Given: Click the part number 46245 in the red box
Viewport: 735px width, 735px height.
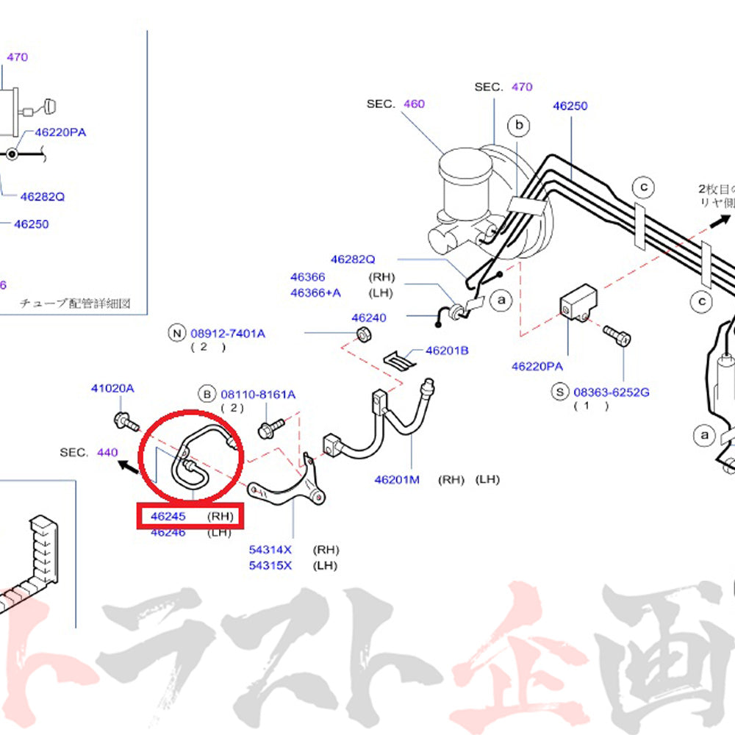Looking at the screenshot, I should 168,516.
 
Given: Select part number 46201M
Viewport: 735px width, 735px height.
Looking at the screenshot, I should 396,479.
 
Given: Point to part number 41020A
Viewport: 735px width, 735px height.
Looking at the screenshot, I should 112,387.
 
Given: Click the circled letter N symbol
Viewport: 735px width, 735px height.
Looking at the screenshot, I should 176,334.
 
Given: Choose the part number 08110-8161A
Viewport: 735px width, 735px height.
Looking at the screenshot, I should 258,395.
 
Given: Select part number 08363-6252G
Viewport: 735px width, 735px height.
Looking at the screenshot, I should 612,392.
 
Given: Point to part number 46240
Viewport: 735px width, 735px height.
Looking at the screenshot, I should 368,318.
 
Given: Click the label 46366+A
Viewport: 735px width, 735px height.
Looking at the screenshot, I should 315,293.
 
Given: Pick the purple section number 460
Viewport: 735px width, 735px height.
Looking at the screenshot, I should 414,104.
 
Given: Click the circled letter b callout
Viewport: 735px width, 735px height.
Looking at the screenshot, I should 519,126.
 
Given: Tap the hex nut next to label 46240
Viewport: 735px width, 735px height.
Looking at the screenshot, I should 362,336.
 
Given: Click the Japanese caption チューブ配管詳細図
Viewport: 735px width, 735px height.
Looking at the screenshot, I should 75,303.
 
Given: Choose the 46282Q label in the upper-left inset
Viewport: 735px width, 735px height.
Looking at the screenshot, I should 43,196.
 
